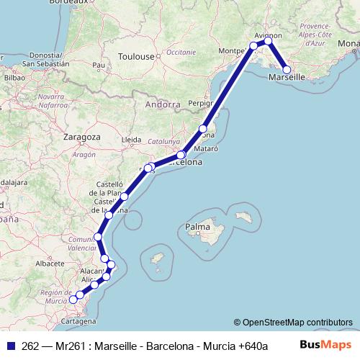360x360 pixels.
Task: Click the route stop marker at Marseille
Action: coord(287,70)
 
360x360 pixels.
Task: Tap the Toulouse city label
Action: coord(137,56)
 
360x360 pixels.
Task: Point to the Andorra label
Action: coord(162,104)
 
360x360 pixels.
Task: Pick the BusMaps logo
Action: coord(331,345)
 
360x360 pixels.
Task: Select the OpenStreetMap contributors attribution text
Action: coord(293,322)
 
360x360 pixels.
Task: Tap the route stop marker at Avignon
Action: coord(268,41)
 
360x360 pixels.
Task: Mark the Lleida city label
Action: coord(132,139)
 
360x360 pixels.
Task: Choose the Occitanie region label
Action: coord(181,52)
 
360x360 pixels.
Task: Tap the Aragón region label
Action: coord(84,154)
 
